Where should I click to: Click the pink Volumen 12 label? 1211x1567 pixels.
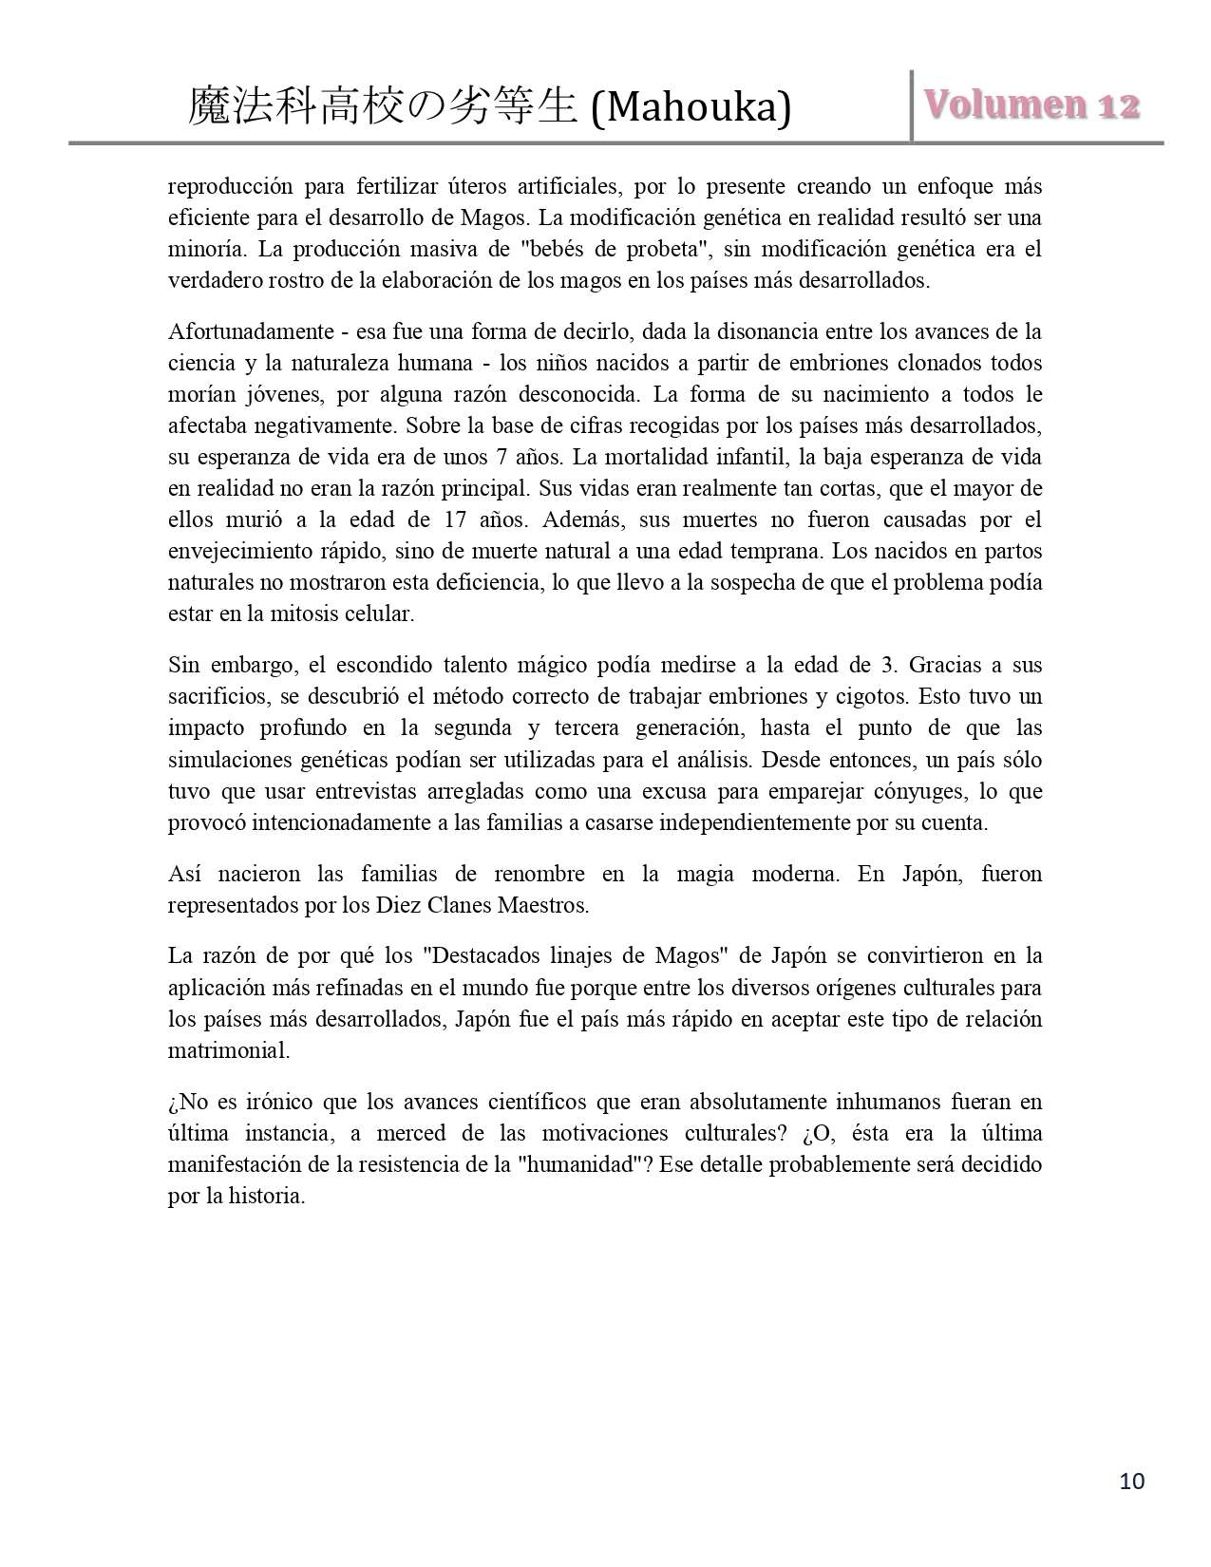(1031, 104)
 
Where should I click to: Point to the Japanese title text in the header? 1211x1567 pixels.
(383, 106)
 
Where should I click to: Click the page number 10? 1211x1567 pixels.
(1132, 1481)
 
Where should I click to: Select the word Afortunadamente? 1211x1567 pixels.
(251, 331)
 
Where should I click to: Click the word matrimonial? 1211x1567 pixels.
(228, 1050)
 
